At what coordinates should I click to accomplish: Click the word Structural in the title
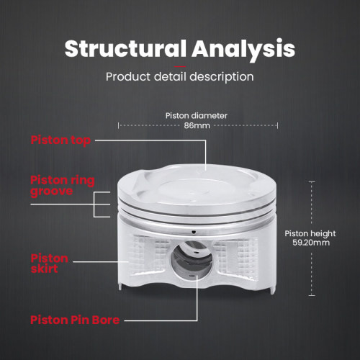125,48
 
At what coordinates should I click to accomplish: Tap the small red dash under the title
180,67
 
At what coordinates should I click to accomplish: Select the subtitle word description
222,77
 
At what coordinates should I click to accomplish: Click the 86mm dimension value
197,125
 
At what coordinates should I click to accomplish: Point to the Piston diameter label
197,116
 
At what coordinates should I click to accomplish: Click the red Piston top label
60,140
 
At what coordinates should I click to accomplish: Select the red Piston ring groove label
63,186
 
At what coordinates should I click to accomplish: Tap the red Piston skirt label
49,264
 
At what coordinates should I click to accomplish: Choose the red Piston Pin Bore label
75,320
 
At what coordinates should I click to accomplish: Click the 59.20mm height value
311,243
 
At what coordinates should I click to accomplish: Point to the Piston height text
310,233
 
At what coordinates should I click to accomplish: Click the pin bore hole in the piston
192,260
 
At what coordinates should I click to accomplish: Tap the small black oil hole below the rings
194,232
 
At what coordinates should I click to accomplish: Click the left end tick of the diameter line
118,125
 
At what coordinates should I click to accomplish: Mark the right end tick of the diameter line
277,125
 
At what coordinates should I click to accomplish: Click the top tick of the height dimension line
312,182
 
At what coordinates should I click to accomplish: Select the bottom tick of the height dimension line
312,295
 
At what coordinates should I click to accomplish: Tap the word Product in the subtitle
128,77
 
